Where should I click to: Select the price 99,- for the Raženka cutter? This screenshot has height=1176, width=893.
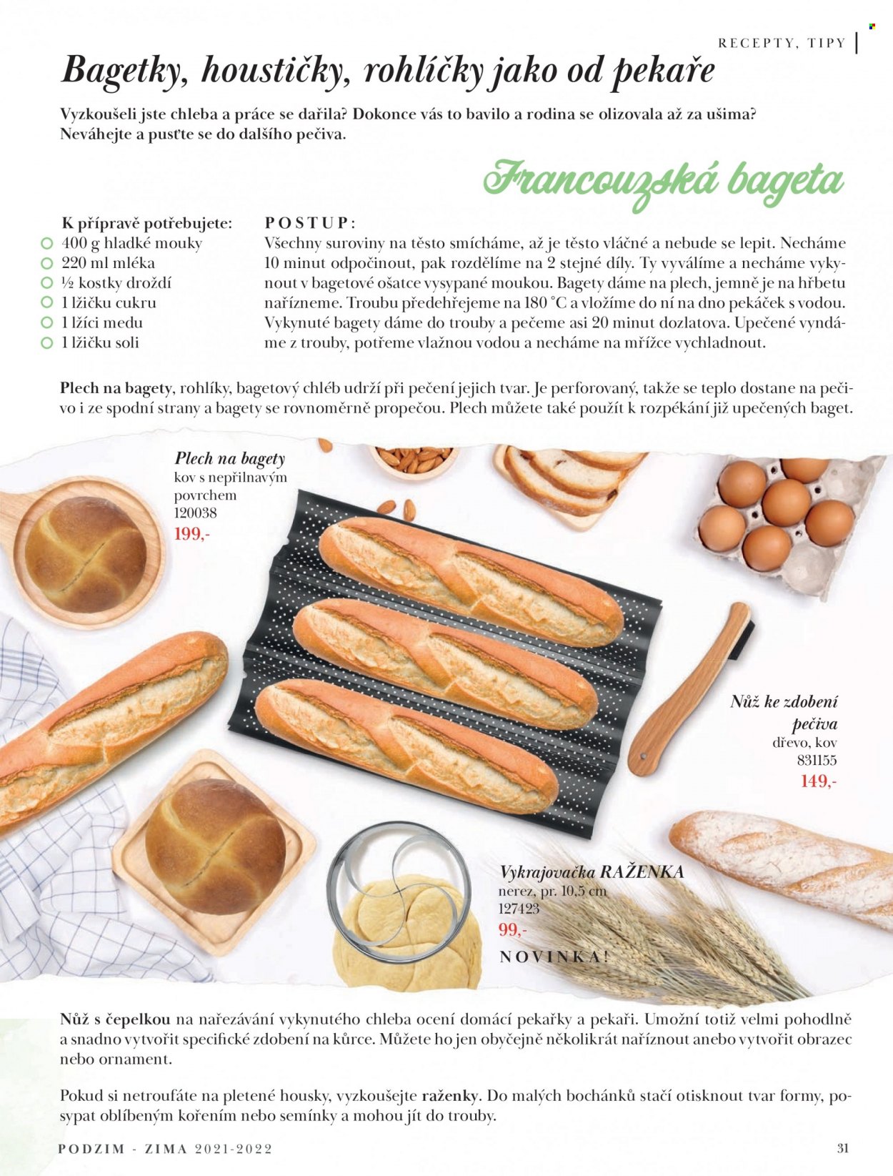512,929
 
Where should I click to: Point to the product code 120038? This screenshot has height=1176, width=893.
196,513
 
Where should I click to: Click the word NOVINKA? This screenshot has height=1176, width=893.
554,957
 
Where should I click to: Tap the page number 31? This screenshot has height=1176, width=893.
843,1147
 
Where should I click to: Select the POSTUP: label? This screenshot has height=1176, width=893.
310,222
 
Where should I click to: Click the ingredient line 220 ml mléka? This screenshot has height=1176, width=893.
108,263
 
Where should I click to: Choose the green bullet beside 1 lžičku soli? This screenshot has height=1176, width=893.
47,343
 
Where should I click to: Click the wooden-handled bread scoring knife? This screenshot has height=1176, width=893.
691,689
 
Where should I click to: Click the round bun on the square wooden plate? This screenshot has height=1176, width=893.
215,846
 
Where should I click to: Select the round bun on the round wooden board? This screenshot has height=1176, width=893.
86,554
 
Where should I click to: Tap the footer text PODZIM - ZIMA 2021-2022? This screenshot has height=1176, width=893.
165,1149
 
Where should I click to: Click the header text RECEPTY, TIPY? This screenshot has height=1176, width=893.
782,43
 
